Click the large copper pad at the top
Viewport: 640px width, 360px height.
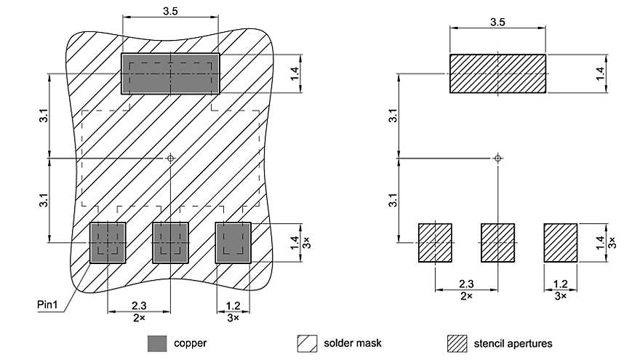tap(170, 73)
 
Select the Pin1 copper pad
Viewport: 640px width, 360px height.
tap(108, 242)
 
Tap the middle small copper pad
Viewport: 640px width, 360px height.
tap(170, 242)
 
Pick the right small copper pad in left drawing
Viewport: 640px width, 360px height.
tap(233, 242)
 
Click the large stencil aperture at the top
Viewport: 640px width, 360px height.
tap(497, 73)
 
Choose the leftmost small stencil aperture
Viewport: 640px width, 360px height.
tap(435, 242)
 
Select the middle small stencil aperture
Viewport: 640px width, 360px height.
tap(497, 242)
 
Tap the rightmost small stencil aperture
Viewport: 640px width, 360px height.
tap(561, 242)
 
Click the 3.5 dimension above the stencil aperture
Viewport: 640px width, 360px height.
tap(497, 22)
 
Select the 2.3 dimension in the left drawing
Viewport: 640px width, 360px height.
tap(138, 306)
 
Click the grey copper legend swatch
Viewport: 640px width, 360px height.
tap(157, 343)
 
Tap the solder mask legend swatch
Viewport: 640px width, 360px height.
tap(306, 343)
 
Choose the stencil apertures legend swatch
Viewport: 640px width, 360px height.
tap(456, 343)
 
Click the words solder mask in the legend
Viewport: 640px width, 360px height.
tap(353, 343)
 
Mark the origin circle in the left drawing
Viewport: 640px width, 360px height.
tap(170, 157)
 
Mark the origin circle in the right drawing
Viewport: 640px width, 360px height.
tap(497, 157)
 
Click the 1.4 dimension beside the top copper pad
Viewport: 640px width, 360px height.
tap(294, 73)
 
